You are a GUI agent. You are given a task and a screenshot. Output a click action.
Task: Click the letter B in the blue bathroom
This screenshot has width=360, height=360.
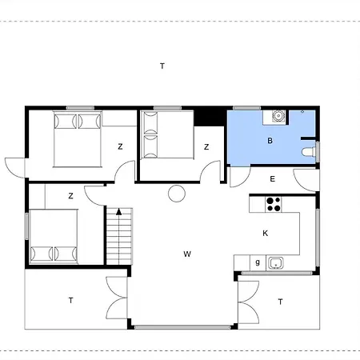tap(270, 141)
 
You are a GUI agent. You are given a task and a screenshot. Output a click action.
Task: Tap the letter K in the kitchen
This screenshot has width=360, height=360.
tap(265, 234)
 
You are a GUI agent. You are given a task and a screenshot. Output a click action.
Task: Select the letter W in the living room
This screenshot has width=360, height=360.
tap(187, 254)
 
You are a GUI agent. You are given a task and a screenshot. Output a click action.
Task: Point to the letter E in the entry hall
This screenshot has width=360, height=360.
tap(272, 179)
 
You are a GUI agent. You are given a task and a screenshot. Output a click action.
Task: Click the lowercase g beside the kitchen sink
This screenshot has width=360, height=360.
tap(258, 262)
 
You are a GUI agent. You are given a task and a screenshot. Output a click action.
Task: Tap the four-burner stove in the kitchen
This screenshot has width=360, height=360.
tap(274, 204)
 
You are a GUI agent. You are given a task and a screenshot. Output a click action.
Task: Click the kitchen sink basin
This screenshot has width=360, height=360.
tap(276, 262)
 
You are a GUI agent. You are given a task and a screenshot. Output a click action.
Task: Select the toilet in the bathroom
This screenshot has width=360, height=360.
tap(309, 152)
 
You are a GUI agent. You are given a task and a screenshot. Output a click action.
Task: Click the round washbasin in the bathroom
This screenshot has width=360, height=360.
tap(278, 116)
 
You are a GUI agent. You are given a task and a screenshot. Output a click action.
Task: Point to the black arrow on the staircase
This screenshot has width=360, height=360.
tap(119, 212)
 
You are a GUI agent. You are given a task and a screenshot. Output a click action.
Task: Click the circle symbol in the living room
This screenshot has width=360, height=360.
tap(177, 194)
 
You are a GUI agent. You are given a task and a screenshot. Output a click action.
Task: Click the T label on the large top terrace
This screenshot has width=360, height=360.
tap(162, 66)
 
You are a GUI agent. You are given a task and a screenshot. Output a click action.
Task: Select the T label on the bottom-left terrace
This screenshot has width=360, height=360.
tap(70, 301)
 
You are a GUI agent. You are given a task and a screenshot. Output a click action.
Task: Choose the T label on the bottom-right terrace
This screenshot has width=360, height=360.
tap(280, 302)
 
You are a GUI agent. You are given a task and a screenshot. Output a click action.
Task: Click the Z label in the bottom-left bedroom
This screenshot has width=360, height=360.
tap(70, 196)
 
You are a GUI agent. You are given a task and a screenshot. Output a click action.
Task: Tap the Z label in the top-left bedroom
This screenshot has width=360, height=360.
tap(120, 146)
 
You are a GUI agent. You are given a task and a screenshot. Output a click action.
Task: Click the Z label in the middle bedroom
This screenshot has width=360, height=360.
tap(206, 147)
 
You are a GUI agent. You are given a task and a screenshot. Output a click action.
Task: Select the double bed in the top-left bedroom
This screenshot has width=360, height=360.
tap(78, 139)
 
